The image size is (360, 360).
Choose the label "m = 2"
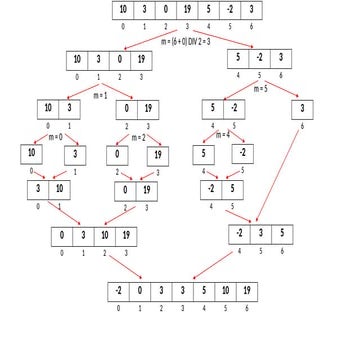tap(139, 136)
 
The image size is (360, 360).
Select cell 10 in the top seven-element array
tap(123, 12)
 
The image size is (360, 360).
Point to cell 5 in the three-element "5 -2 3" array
tap(239, 58)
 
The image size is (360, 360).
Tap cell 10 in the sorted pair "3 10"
tap(61, 190)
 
